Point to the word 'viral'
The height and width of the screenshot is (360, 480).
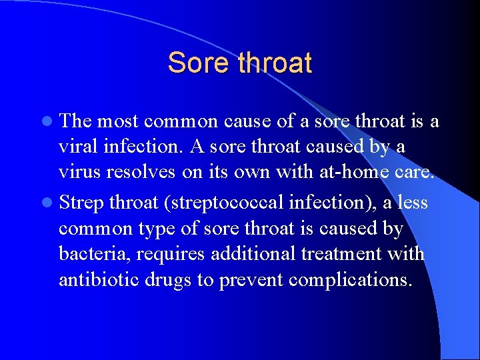pyautogui.click(x=77, y=147)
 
